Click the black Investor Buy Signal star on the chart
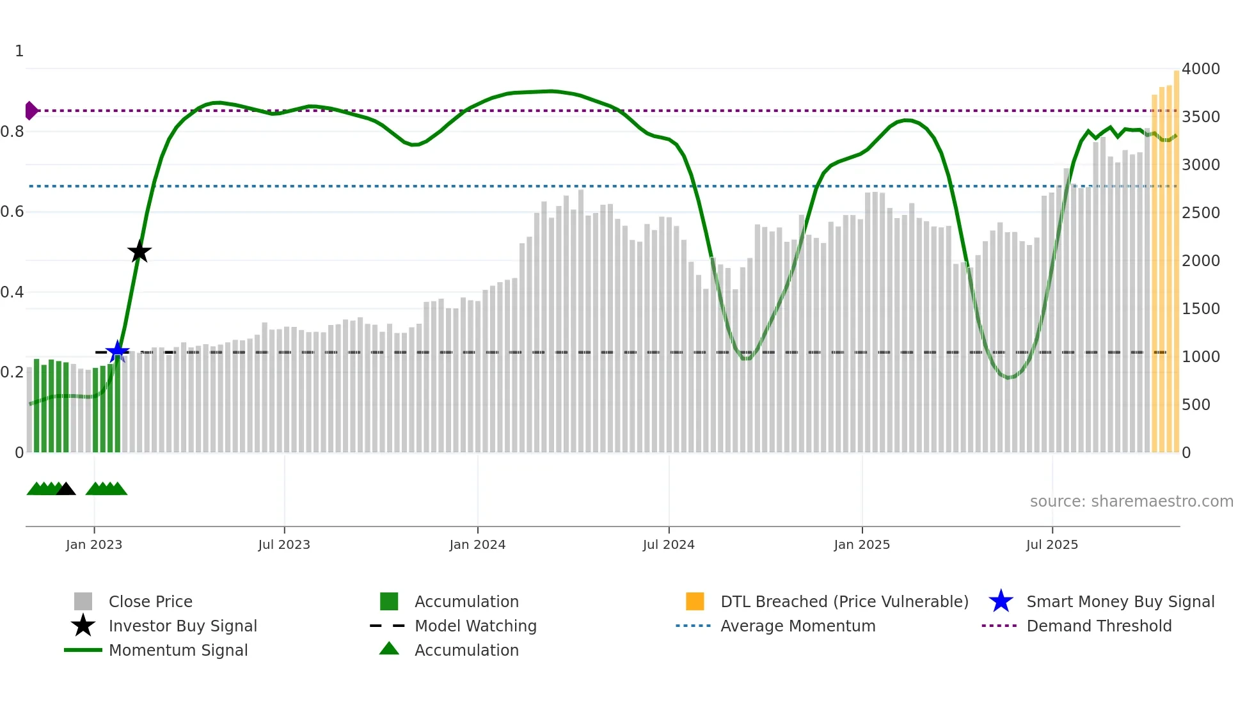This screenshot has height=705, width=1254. [x=139, y=251]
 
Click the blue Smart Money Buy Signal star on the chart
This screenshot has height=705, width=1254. [x=118, y=351]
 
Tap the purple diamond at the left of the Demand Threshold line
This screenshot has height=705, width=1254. [x=31, y=111]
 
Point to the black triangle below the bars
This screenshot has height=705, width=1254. [x=66, y=489]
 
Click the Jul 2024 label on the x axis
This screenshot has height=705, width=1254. [x=669, y=544]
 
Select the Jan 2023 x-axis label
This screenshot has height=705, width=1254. [x=94, y=544]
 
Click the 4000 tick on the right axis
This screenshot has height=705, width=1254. [x=1200, y=68]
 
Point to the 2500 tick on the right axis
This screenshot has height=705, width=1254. [x=1200, y=212]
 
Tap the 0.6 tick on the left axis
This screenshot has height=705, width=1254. [x=12, y=212]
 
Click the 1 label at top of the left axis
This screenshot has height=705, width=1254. [x=19, y=51]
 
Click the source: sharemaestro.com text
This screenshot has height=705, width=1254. [x=1131, y=501]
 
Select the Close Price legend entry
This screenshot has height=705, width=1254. [x=150, y=601]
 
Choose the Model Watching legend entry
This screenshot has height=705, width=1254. [x=475, y=626]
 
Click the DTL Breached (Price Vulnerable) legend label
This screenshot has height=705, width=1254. [x=844, y=601]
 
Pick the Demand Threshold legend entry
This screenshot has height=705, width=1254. [x=1099, y=626]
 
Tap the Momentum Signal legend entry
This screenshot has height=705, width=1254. [x=178, y=650]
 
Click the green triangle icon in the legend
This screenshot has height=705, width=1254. [x=389, y=649]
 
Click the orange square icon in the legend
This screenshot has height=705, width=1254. [x=695, y=601]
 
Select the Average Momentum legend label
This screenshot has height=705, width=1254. [x=798, y=626]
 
